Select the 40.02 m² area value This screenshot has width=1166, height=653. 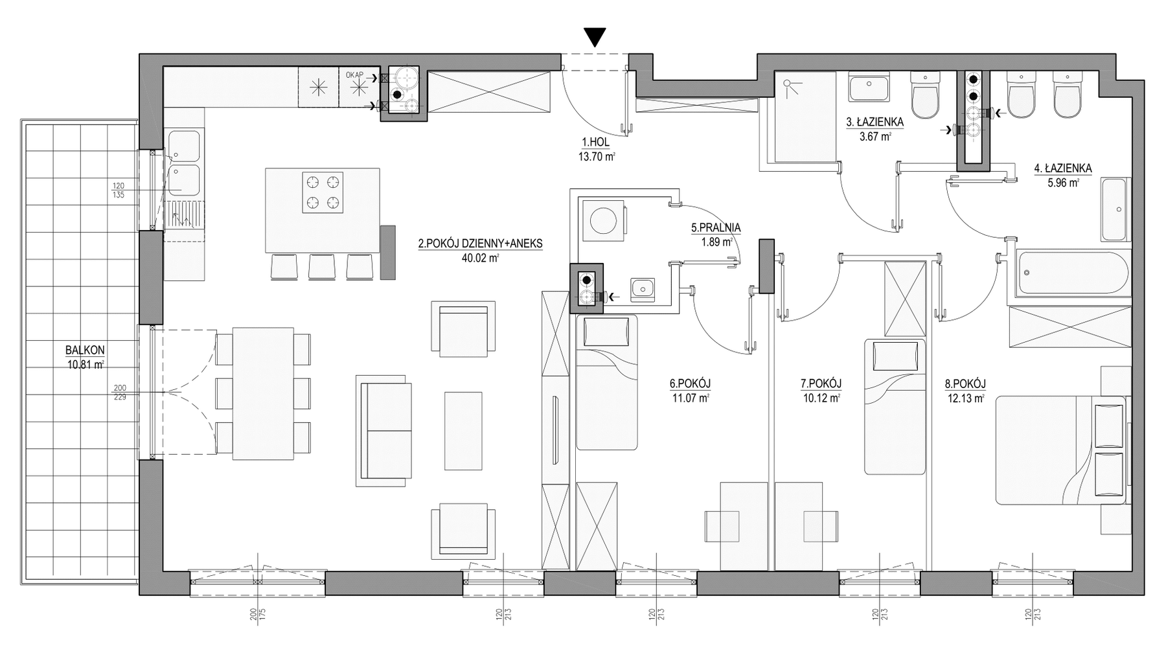[x=480, y=257]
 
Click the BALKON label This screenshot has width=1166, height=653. [x=85, y=350]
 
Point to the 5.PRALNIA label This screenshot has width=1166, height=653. [x=715, y=228]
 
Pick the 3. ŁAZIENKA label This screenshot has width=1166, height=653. [x=874, y=122]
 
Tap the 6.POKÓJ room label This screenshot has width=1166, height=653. [x=685, y=384]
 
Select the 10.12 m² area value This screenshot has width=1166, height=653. [x=821, y=398]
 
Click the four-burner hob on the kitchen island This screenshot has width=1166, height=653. [x=323, y=192]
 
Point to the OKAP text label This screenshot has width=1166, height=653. [x=354, y=75]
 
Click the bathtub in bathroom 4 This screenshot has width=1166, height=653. [x=1073, y=273]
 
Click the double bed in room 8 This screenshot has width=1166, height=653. [x=1060, y=450]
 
